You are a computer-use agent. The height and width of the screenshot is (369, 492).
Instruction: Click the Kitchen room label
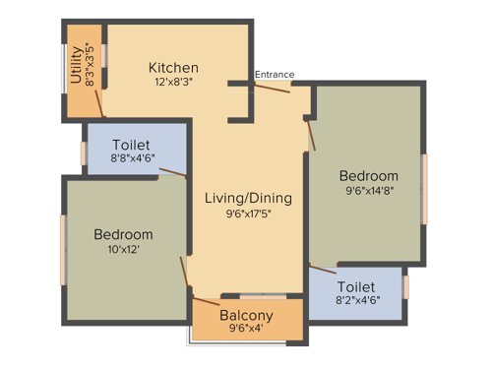click(x=173, y=68)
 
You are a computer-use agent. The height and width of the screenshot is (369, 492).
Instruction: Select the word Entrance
click(x=275, y=75)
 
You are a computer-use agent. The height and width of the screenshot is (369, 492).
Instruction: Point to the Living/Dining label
click(x=248, y=198)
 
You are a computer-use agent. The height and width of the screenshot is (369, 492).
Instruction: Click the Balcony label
click(x=247, y=315)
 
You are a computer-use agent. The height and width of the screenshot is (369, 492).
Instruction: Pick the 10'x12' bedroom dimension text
click(x=123, y=250)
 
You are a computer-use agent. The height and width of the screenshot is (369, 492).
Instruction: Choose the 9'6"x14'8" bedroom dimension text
click(x=370, y=190)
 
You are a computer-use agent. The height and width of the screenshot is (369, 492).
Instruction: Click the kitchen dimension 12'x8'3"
click(x=173, y=84)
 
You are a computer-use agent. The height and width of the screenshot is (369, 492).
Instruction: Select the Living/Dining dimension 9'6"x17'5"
click(x=248, y=213)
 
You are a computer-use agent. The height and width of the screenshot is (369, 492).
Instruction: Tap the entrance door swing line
click(x=272, y=88)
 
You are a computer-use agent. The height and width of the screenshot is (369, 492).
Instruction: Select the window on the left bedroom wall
click(x=64, y=249)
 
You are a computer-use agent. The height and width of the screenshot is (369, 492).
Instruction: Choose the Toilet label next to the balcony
click(x=356, y=288)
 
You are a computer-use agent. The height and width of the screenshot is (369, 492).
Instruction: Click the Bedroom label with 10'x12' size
click(x=123, y=234)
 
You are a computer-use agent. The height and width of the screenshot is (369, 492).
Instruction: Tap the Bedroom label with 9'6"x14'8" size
click(x=370, y=175)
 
